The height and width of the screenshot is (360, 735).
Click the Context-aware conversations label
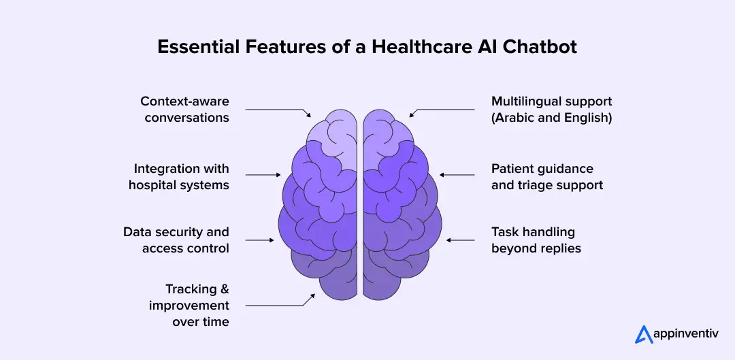point(185,109)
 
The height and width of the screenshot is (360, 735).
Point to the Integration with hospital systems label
point(179,176)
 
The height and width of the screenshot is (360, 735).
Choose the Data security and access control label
point(176,240)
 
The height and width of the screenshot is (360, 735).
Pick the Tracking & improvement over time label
point(190,306)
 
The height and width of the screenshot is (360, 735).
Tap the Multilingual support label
point(551,101)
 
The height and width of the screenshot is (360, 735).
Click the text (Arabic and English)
point(551,117)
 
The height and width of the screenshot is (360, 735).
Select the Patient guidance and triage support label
point(547,176)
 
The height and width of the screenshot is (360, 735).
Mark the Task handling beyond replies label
point(536,240)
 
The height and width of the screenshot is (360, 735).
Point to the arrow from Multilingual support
point(442,110)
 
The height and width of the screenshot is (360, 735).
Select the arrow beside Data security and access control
point(260,240)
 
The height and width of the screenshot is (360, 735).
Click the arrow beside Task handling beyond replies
point(460,240)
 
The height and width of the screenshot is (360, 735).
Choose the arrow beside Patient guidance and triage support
point(457,175)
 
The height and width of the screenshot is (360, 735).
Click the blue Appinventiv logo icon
point(643,334)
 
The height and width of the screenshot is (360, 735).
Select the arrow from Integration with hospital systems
point(263,175)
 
